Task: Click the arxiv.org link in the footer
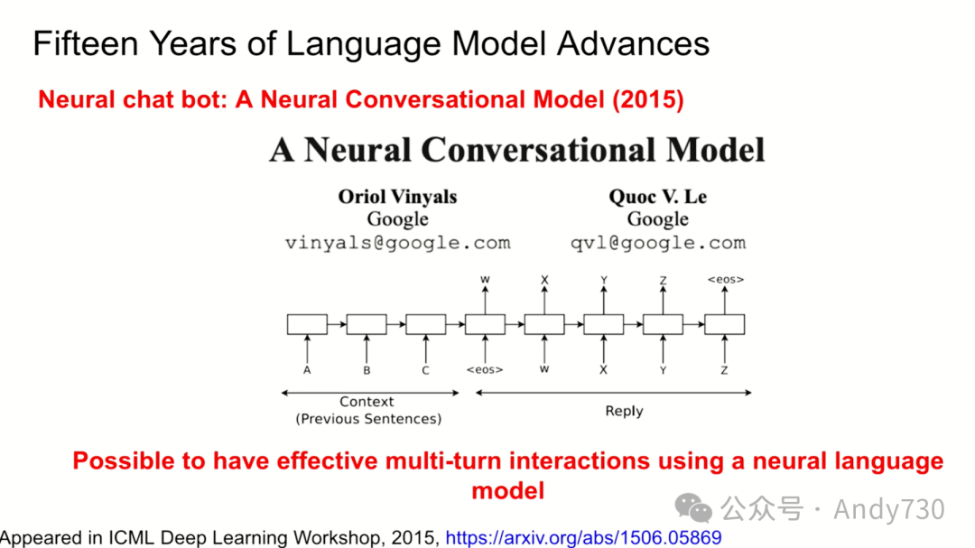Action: pos(583,537)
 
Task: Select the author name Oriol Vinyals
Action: pos(397,197)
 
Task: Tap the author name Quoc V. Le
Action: pos(658,197)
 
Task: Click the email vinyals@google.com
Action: pos(397,243)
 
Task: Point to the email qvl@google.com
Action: pos(658,243)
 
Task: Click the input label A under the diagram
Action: pos(307,370)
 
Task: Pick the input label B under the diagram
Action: pos(367,370)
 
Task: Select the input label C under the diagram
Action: pos(425,370)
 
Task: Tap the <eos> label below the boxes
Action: pos(485,369)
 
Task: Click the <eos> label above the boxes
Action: pos(726,279)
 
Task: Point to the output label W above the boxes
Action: pos(485,280)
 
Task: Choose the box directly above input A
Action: pos(307,324)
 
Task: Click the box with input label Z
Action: pos(724,324)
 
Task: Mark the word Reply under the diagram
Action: pos(625,411)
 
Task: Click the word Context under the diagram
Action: pos(367,401)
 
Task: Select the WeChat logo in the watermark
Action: pos(693,508)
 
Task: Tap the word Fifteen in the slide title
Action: pos(86,43)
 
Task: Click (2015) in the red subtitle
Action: pos(648,99)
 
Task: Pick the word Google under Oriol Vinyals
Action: pos(397,219)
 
